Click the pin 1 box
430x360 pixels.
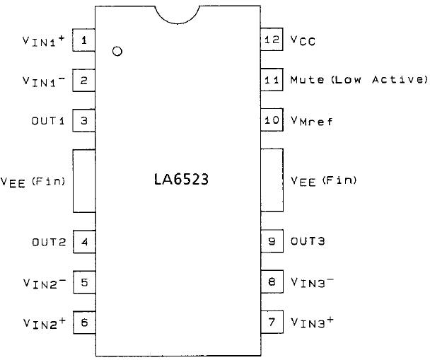point(84,40)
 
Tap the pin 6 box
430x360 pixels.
point(84,323)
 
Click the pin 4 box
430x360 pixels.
point(84,242)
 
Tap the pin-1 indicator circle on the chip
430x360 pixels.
point(117,52)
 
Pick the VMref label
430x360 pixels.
point(311,121)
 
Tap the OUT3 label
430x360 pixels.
point(308,242)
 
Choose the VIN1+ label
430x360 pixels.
point(44,41)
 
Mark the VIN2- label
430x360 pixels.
point(44,283)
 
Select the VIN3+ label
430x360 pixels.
point(313,323)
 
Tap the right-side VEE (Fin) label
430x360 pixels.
point(324,181)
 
